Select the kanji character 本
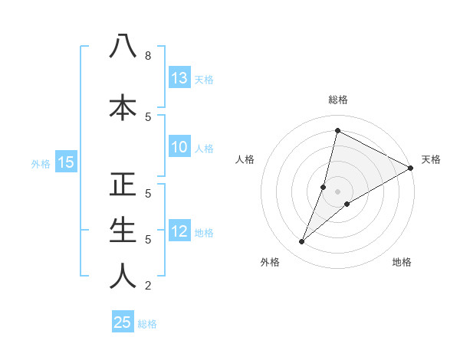point(123,106)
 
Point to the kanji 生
point(123,230)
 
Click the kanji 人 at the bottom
point(123,276)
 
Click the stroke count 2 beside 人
point(147,286)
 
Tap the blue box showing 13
point(179,78)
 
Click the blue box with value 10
point(179,148)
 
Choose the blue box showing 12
point(179,231)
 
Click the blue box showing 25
point(123,322)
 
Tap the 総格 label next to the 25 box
point(147,324)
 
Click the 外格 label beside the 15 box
point(41,163)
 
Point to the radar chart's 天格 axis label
point(431,159)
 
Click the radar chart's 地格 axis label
point(402,262)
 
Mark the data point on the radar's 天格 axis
point(411,168)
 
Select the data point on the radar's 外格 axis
point(302,242)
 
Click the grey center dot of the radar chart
point(337,191)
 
